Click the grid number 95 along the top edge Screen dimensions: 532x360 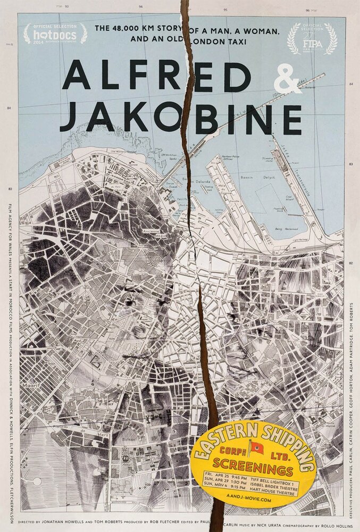click(x=225, y=9)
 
